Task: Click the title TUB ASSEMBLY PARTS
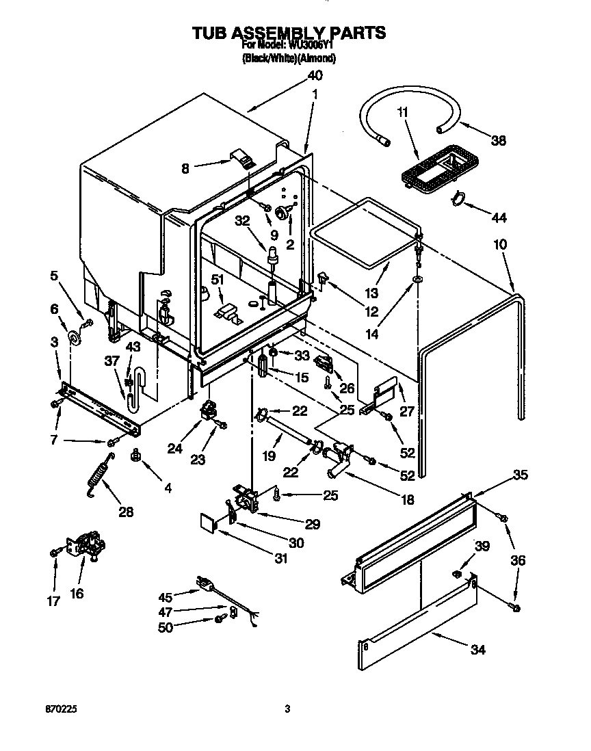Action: pos(288,32)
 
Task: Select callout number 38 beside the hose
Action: pos(498,140)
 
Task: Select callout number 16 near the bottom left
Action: pos(76,593)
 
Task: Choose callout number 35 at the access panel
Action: pos(520,475)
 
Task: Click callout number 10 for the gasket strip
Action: pos(499,243)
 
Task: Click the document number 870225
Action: pos(62,709)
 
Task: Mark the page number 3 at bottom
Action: pos(288,709)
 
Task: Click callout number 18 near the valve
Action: pos(407,500)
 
